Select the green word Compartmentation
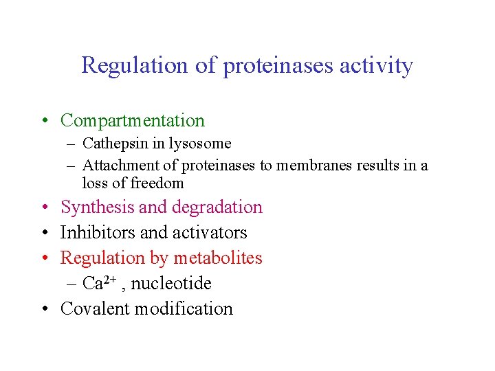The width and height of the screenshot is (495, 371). point(133,121)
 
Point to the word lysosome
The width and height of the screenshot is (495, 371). point(197,144)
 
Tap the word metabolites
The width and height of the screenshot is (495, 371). point(218,258)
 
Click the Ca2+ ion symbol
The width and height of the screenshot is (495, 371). point(98,283)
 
